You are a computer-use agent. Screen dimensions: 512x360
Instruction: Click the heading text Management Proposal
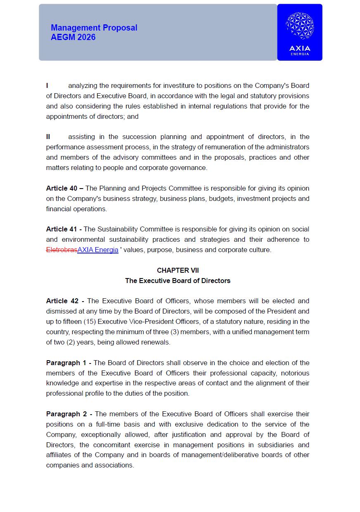pyautogui.click(x=94, y=28)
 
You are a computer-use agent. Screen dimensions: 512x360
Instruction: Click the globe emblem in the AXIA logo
pyautogui.click(x=300, y=26)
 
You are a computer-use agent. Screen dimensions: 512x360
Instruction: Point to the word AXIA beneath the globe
pyautogui.click(x=300, y=48)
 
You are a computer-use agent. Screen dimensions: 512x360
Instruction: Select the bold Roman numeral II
pyautogui.click(x=48, y=137)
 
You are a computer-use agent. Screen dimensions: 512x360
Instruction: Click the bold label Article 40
pyautogui.click(x=62, y=188)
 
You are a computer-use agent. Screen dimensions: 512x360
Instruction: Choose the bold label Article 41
pyautogui.click(x=62, y=229)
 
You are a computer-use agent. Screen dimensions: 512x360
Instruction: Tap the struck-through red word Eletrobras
pyautogui.click(x=62, y=250)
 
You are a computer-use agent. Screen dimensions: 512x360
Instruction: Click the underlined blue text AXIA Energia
pyautogui.click(x=98, y=250)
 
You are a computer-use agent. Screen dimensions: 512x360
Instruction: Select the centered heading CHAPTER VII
pyautogui.click(x=178, y=270)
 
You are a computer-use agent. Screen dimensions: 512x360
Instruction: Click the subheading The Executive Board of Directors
pyautogui.click(x=178, y=281)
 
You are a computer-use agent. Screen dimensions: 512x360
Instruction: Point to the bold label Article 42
pyautogui.click(x=62, y=301)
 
